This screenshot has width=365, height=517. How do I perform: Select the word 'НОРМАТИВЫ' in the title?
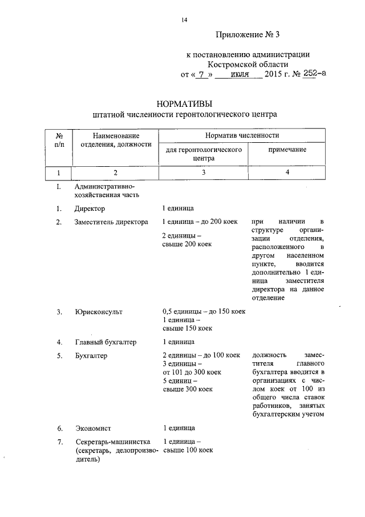[x=184, y=103]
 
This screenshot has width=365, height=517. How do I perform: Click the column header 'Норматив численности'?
[x=242, y=135]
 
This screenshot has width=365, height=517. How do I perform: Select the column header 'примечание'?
[x=287, y=150]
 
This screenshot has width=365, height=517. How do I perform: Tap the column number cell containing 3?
[x=202, y=173]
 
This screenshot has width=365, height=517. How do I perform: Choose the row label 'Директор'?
[x=90, y=209]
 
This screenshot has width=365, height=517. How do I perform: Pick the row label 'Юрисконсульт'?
[x=98, y=312]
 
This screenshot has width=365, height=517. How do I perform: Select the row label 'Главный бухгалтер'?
[x=106, y=342]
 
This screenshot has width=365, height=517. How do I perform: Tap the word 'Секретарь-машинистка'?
[x=112, y=442]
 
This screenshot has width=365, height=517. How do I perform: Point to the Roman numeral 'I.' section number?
[x=58, y=187]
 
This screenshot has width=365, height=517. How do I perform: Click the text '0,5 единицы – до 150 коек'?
[x=204, y=312]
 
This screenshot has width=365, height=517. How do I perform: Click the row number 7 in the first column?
[x=59, y=442]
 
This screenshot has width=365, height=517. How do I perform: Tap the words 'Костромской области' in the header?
[x=249, y=65]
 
